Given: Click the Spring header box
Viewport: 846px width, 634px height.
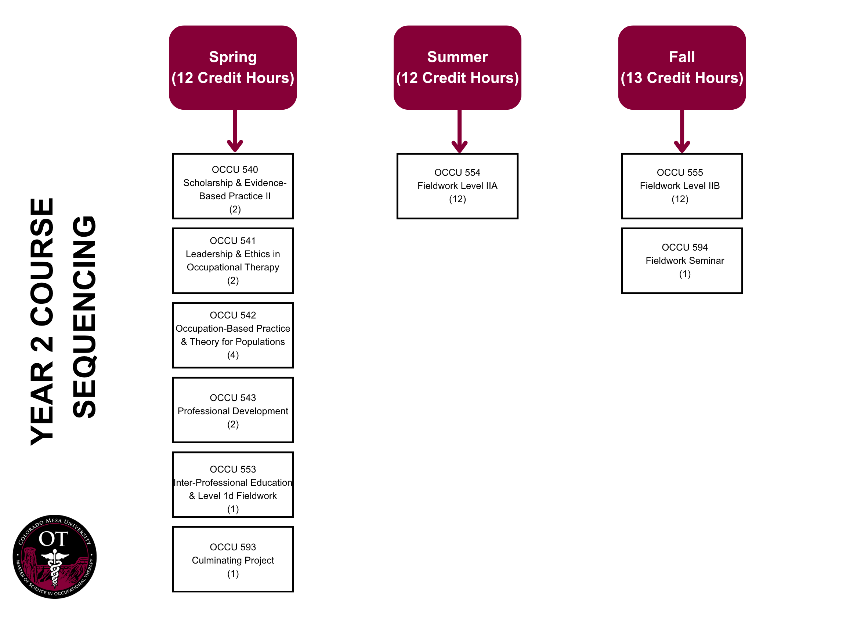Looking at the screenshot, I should pyautogui.click(x=233, y=68).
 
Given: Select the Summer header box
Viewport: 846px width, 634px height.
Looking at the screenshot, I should pyautogui.click(x=457, y=68).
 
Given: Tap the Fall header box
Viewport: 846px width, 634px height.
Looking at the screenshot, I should pyautogui.click(x=681, y=68).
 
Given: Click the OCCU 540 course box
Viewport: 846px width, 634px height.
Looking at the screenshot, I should pyautogui.click(x=233, y=186).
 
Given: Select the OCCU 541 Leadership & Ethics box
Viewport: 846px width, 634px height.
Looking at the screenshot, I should pyautogui.click(x=233, y=260).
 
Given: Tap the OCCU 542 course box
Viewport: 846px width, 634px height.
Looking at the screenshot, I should pyautogui.click(x=233, y=335).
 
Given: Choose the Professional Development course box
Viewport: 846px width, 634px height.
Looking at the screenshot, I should pyautogui.click(x=233, y=410).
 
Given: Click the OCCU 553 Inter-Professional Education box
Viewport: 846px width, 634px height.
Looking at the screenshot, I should pyautogui.click(x=233, y=485).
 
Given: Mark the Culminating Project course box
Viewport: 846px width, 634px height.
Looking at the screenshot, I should pyautogui.click(x=233, y=559).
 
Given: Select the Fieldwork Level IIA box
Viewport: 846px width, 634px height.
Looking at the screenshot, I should pyautogui.click(x=457, y=186).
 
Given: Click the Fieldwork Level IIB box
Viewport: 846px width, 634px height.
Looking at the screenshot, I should pyautogui.click(x=681, y=186).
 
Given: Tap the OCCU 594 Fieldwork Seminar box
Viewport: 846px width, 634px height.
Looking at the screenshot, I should pyautogui.click(x=681, y=260).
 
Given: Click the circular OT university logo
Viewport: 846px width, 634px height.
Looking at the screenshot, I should pyautogui.click(x=55, y=557).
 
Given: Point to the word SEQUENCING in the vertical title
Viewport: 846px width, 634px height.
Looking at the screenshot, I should pyautogui.click(x=84, y=317).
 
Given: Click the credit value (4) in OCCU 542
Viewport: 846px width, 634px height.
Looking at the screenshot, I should pyautogui.click(x=233, y=355).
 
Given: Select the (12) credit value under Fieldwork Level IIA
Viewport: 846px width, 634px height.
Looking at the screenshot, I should pyautogui.click(x=457, y=199).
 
